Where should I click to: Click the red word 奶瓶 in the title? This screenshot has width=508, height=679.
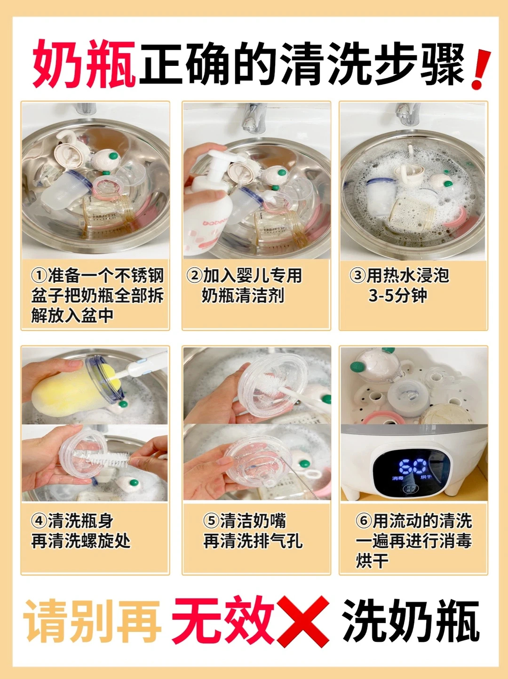[x=84, y=64]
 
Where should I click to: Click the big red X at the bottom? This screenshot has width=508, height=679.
[x=303, y=621]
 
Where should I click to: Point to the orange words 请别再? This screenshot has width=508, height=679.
[x=92, y=620]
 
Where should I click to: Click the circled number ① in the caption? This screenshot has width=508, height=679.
[x=39, y=275]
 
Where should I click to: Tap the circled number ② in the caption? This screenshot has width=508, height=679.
[x=194, y=275]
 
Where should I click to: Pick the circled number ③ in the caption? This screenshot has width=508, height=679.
[x=357, y=275]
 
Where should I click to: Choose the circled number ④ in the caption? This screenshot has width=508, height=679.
[x=39, y=521]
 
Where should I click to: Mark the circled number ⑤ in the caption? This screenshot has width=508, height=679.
[x=211, y=521]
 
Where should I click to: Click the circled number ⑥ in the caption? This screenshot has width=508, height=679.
[x=364, y=521]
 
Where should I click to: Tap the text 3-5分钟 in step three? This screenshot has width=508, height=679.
[x=397, y=296]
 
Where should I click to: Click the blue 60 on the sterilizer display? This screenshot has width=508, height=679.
[x=413, y=466]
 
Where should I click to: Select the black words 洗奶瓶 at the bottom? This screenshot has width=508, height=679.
[x=411, y=620]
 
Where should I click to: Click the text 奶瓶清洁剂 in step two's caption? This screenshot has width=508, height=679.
[x=243, y=296]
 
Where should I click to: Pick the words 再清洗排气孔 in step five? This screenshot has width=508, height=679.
[x=253, y=541]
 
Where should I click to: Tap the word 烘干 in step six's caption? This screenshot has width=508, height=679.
[x=372, y=561]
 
